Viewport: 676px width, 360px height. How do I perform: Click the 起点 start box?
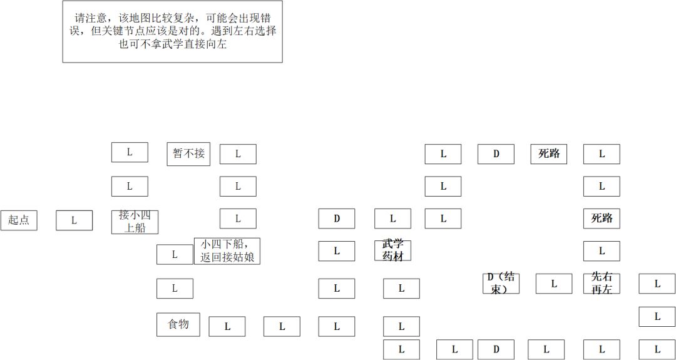click(x=19, y=220)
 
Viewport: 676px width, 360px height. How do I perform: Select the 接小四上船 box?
click(x=135, y=222)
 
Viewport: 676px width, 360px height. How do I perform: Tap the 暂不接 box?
click(x=188, y=154)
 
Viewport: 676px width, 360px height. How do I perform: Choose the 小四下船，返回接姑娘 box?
click(x=227, y=251)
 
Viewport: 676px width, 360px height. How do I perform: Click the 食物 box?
click(x=178, y=325)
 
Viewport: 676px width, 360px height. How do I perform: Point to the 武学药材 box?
click(x=392, y=250)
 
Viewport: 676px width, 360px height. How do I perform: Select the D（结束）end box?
click(x=501, y=283)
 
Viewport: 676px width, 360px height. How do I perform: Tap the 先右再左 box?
click(x=602, y=283)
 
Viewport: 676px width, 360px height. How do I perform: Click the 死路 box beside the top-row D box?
click(x=549, y=154)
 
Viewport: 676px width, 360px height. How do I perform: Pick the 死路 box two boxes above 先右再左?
click(x=602, y=219)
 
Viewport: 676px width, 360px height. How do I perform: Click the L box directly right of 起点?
click(x=74, y=220)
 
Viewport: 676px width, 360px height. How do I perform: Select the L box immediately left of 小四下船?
click(x=175, y=254)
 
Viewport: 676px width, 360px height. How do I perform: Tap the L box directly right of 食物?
click(x=227, y=326)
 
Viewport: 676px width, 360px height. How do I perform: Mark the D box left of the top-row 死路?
click(x=496, y=154)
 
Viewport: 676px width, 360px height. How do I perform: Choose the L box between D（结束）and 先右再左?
click(x=554, y=283)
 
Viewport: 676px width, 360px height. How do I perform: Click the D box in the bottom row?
click(x=496, y=349)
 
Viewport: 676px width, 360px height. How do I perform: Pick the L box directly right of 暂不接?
click(x=238, y=154)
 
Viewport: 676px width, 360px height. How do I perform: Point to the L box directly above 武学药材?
click(x=392, y=219)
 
